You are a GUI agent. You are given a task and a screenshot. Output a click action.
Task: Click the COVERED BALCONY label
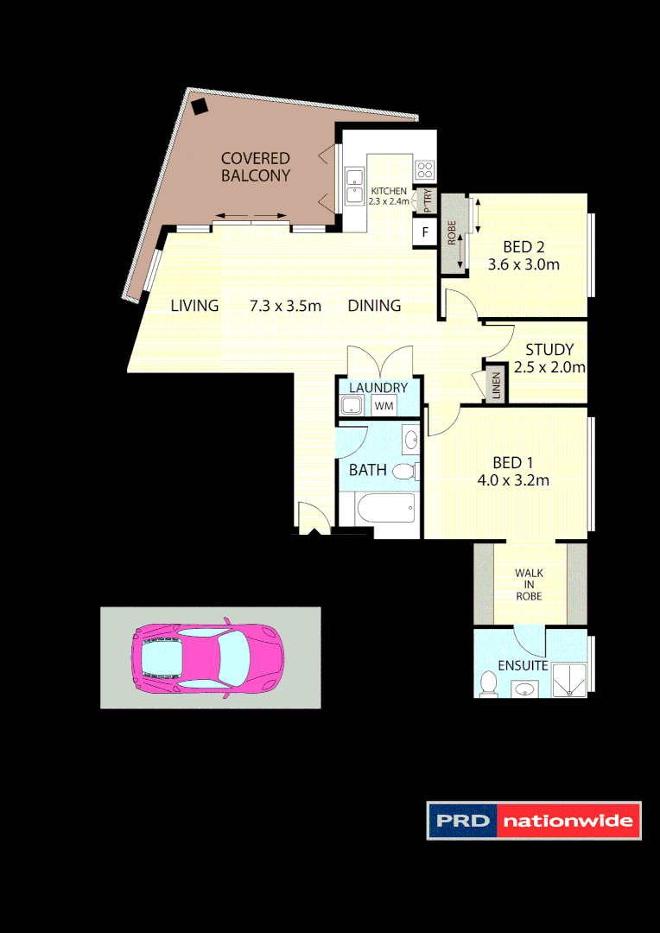click(256, 167)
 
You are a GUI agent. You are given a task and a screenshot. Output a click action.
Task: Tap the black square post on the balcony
click(200, 107)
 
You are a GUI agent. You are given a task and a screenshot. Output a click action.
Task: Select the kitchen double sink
click(355, 186)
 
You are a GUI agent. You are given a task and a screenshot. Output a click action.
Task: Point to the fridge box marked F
click(424, 232)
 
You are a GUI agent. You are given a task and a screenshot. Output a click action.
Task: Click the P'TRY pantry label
click(427, 200)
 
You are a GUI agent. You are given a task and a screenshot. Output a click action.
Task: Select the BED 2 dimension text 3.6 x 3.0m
click(524, 265)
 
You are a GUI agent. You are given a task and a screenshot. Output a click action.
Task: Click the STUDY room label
click(549, 350)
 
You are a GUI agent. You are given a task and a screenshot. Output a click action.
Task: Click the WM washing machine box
click(383, 405)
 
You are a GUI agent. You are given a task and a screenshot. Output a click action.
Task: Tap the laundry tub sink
click(353, 405)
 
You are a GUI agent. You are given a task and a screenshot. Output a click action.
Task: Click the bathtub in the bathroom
click(385, 508)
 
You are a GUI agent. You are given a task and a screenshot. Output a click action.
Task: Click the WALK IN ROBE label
click(529, 584)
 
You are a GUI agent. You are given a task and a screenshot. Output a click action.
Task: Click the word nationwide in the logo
click(569, 821)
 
